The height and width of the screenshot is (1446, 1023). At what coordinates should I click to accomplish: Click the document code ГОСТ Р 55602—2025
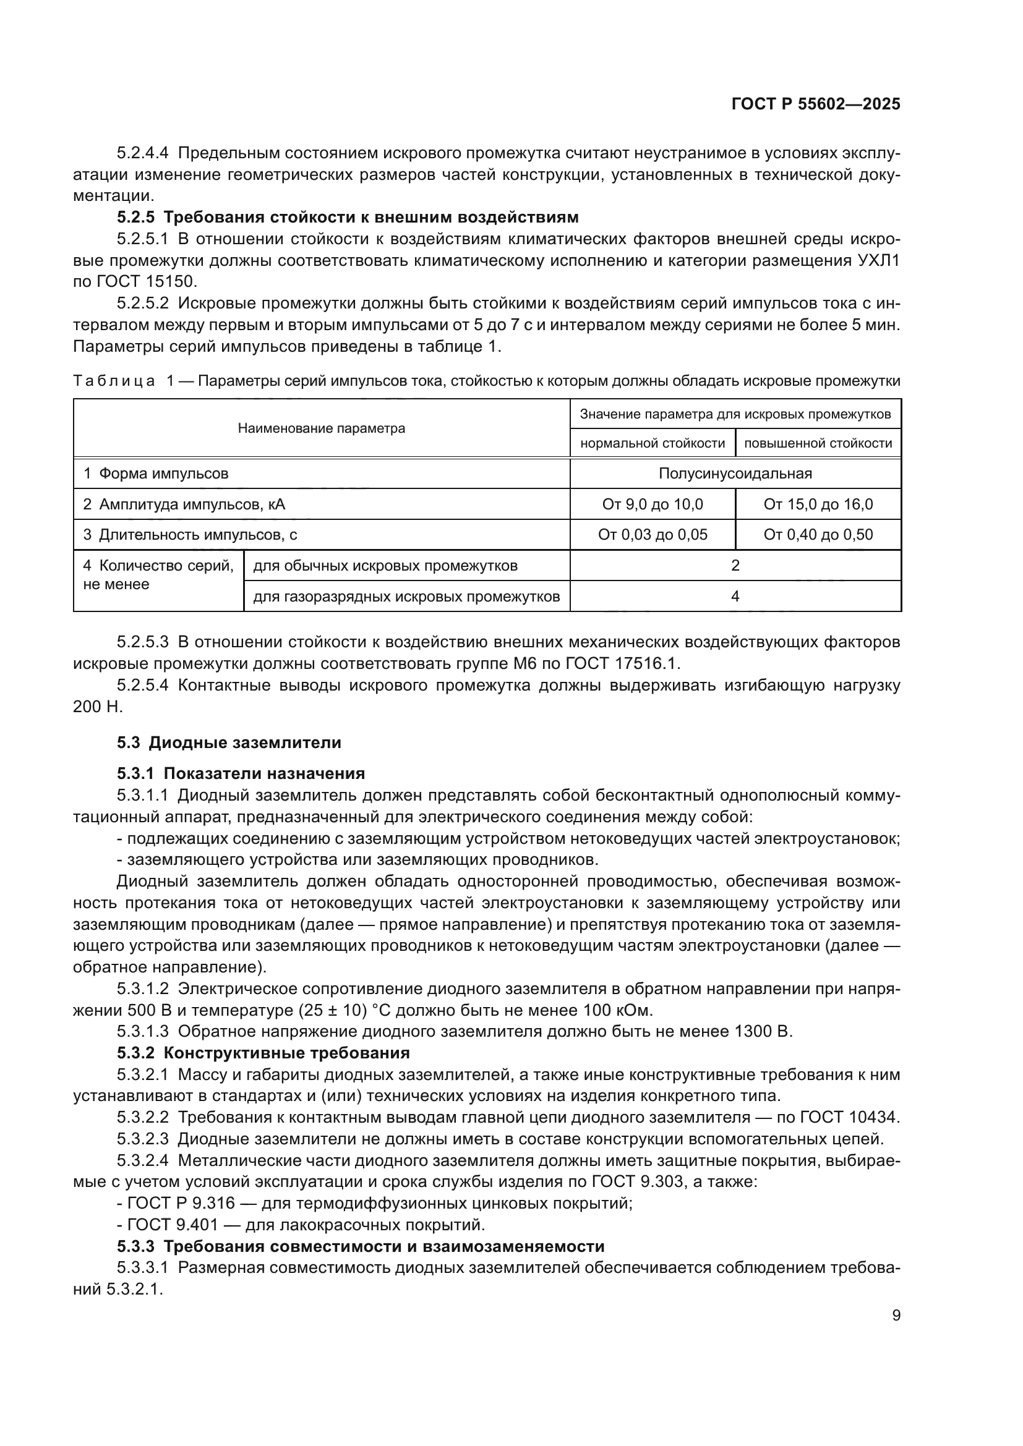(816, 104)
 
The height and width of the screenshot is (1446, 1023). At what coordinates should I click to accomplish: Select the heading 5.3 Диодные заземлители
(229, 742)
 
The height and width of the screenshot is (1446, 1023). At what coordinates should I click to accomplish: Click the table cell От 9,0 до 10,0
(653, 504)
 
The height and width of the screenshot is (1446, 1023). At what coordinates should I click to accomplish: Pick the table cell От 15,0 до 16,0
(818, 504)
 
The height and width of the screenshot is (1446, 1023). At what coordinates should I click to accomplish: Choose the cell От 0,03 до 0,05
(653, 535)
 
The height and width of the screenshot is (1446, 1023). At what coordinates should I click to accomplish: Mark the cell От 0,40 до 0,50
(818, 535)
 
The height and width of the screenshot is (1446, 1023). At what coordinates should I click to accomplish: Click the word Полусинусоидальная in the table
(735, 474)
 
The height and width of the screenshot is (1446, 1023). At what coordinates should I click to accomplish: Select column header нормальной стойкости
(653, 443)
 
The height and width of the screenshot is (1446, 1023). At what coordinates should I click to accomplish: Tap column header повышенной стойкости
(818, 443)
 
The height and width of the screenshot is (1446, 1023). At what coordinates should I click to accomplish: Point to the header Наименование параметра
(321, 429)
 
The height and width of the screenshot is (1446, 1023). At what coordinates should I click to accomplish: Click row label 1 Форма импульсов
(156, 474)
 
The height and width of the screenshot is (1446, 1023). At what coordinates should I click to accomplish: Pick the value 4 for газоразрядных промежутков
(735, 596)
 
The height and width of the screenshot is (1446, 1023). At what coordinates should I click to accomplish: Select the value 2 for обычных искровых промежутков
(735, 566)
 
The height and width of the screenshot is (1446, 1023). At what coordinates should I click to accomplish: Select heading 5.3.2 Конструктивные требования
(263, 1053)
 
